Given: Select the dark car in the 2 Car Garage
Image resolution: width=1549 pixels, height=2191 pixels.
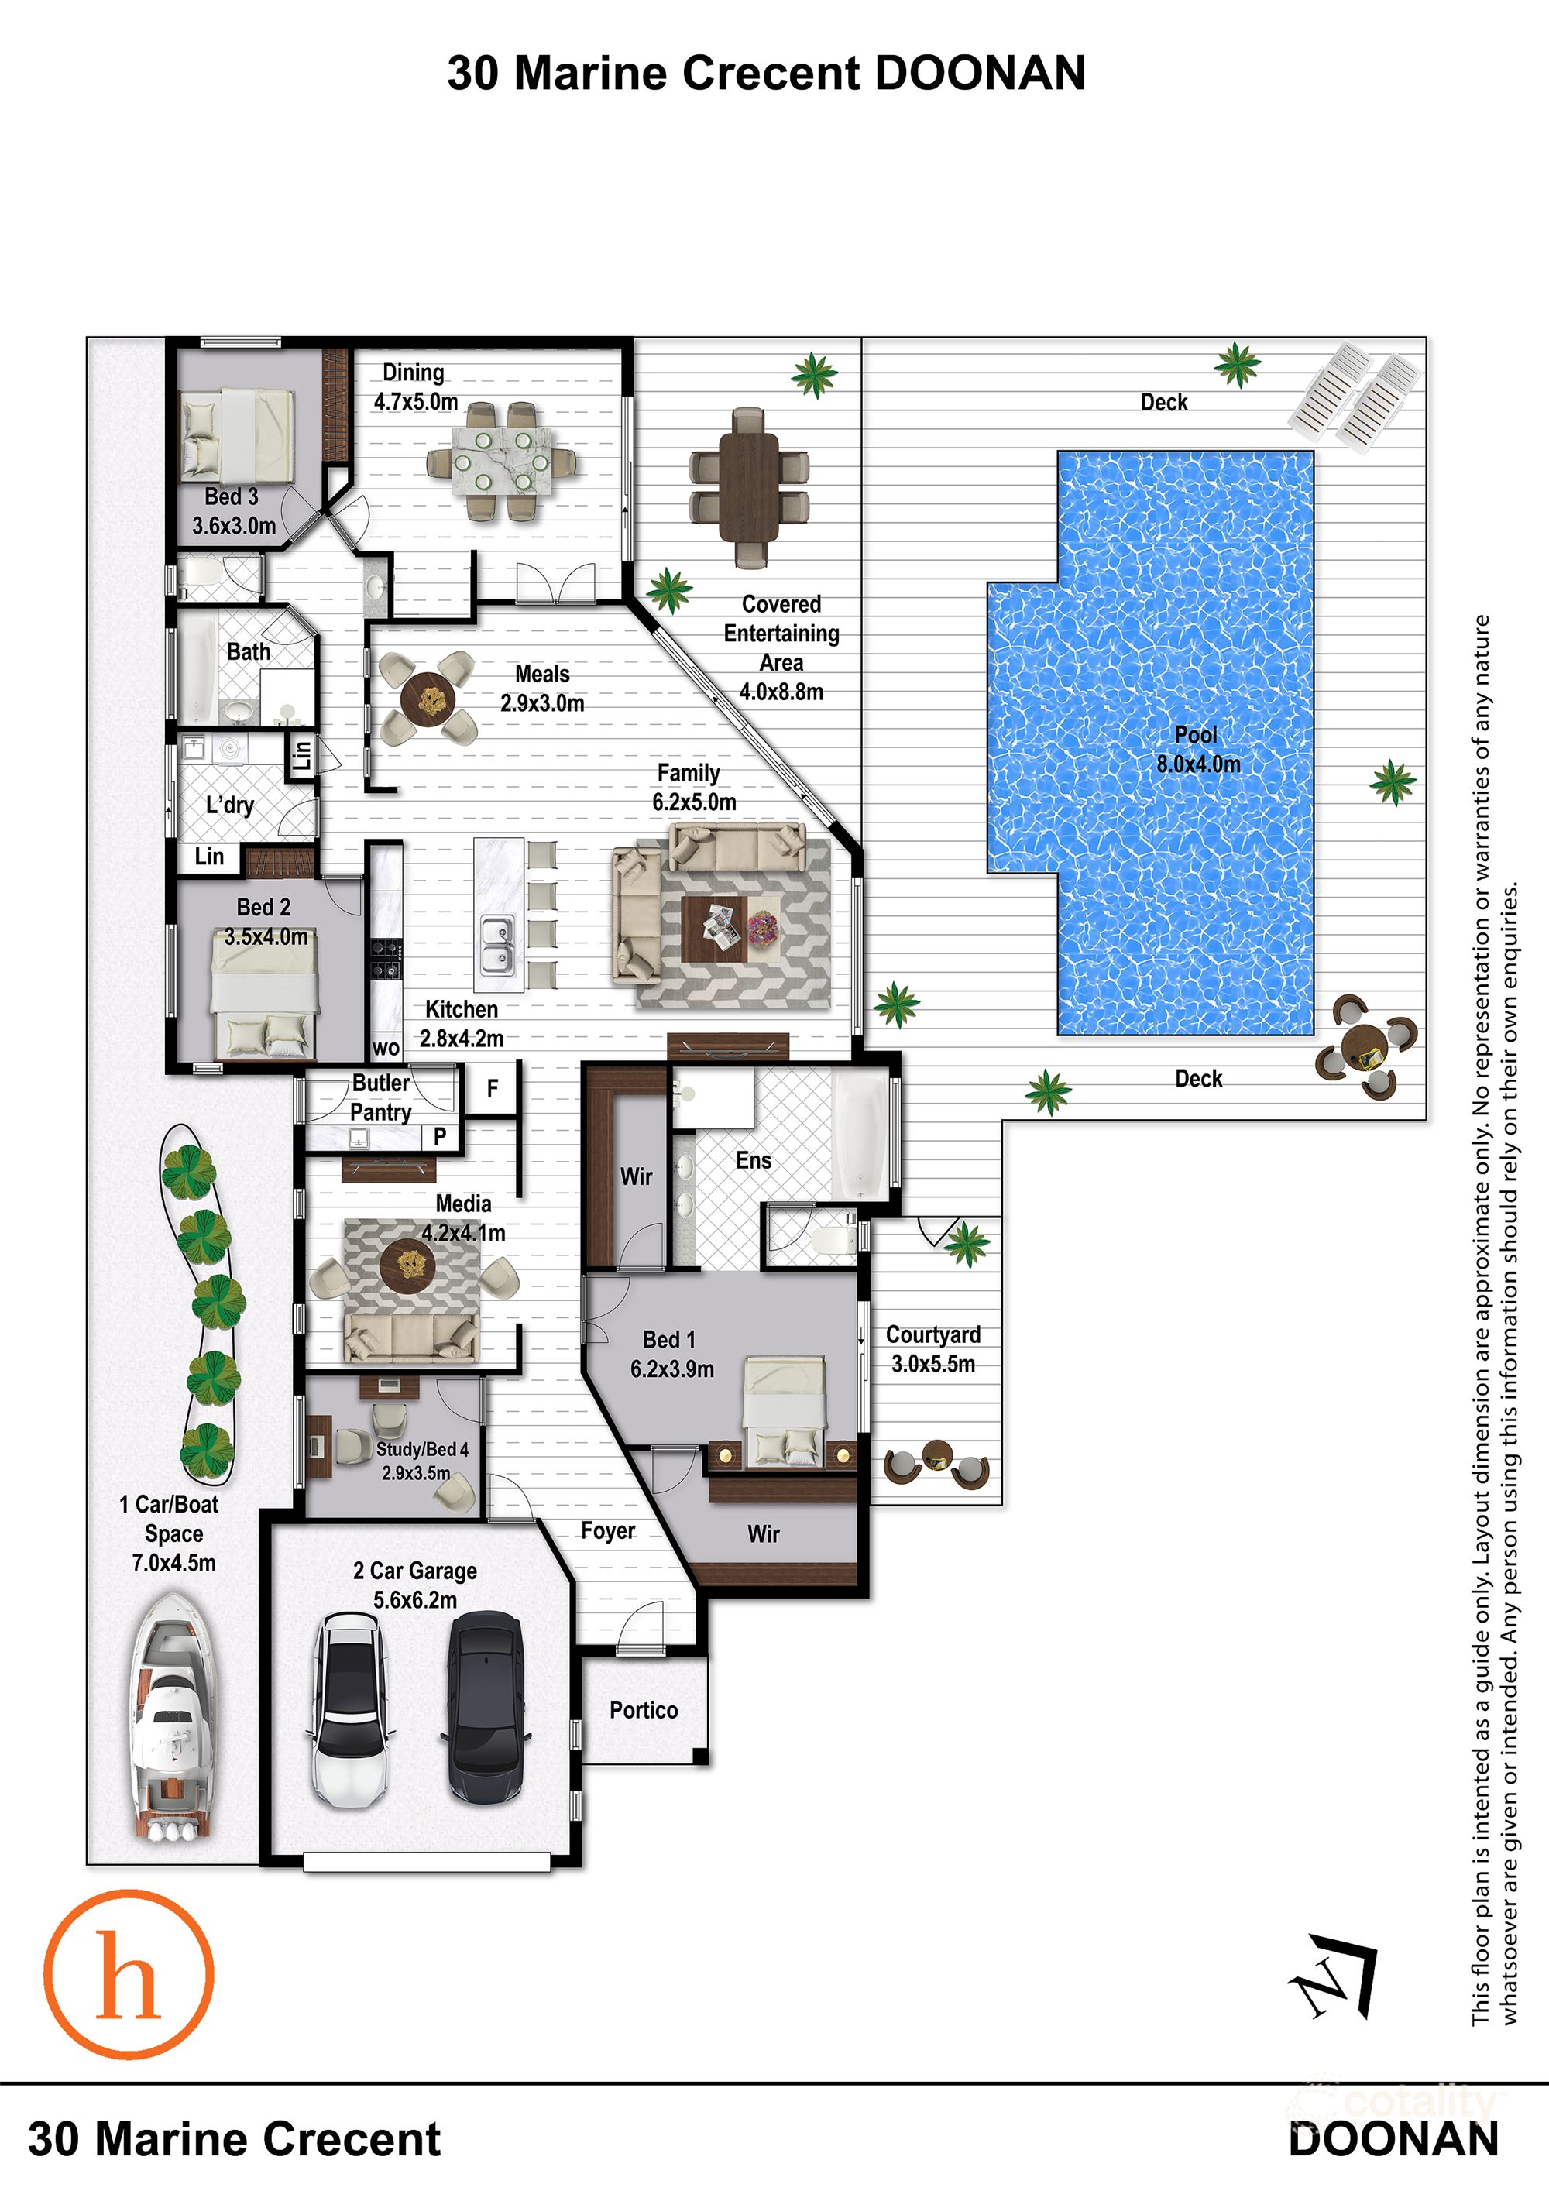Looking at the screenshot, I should click(485, 1706).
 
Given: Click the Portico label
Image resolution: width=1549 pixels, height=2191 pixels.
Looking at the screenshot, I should click(644, 1710).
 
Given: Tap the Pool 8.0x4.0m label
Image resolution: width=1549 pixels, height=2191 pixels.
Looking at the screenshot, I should click(1198, 749).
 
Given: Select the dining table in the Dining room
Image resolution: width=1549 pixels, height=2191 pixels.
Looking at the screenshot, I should click(501, 462).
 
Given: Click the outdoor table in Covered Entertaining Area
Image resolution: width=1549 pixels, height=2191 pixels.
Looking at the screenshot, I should click(749, 486).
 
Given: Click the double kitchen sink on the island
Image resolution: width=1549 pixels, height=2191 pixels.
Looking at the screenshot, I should click(497, 945).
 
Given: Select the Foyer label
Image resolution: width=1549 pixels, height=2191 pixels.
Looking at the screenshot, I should click(607, 1530).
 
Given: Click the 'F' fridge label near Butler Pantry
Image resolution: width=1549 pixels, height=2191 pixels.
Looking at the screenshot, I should click(493, 1088).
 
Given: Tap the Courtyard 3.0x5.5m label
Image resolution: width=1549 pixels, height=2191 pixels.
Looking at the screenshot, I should click(932, 1348).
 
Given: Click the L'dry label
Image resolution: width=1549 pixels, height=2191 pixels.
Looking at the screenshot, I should click(230, 805).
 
